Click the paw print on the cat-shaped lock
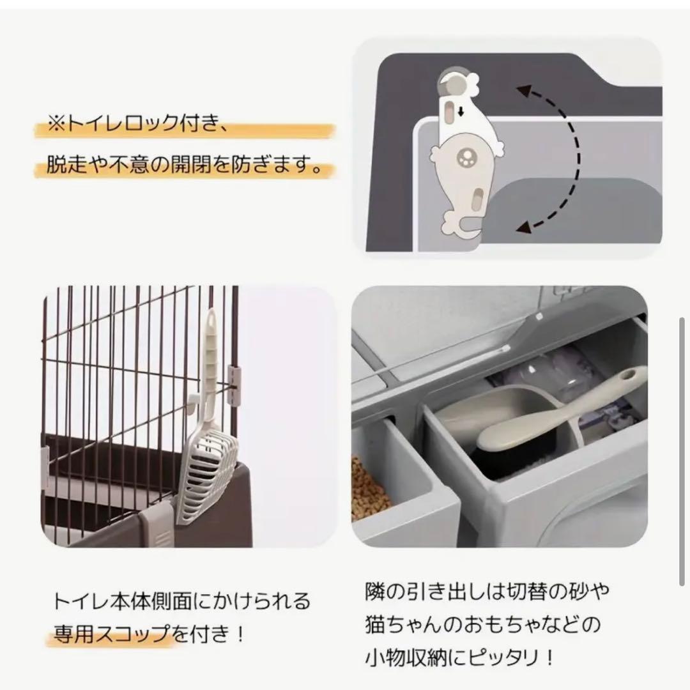coord(464,155)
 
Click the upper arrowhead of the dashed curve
coord(522,91)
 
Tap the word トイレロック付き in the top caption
coord(141,123)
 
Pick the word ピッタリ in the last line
coord(495,657)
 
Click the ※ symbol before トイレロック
coord(57,123)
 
